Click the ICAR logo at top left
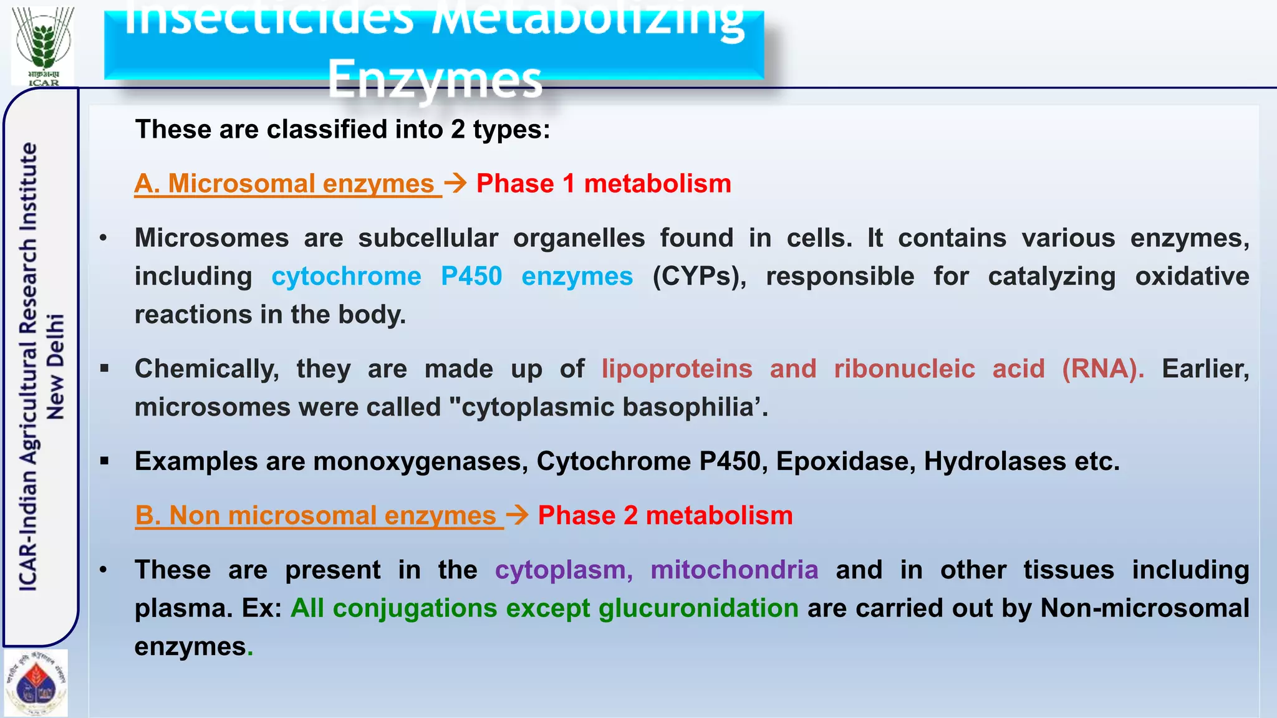coord(43,45)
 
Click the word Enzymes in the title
coord(435,79)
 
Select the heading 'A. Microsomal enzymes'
coord(287,184)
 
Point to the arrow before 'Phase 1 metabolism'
coord(456,183)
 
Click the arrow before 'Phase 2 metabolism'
coord(518,515)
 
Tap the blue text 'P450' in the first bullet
coord(471,276)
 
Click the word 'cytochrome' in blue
coord(346,276)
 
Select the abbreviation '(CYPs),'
coord(699,276)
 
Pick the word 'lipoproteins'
coord(677,368)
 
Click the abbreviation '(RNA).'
coord(1103,368)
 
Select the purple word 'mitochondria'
coord(734,570)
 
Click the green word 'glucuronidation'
coord(698,608)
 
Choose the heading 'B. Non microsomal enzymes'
coord(319,515)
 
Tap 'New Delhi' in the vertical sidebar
coord(55,366)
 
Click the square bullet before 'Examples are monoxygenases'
coord(104,461)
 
